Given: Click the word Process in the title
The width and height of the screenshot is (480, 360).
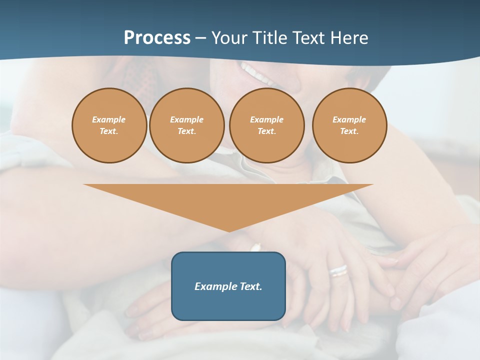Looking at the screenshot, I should (x=157, y=38).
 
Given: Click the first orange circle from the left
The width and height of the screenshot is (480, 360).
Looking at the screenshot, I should (x=109, y=125).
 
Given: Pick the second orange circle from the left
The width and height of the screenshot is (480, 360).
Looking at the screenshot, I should (x=186, y=125).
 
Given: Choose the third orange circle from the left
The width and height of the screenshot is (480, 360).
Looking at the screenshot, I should (x=266, y=125).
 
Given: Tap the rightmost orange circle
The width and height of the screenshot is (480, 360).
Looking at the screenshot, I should (x=349, y=125).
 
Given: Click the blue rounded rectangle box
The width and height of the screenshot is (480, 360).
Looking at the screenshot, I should (x=228, y=286).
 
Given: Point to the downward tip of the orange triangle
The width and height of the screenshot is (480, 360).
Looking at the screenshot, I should (x=229, y=230).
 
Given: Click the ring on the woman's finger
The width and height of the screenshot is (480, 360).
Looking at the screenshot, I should (x=338, y=271).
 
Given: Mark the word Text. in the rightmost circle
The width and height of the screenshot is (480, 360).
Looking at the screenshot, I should (x=349, y=131).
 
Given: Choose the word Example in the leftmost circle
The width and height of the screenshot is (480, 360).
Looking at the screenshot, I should (x=109, y=120).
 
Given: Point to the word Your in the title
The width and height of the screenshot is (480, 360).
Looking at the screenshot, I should (x=229, y=38).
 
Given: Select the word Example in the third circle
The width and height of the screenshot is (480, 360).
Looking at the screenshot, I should (x=266, y=120).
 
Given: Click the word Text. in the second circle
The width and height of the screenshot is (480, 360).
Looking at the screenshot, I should (x=186, y=131).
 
